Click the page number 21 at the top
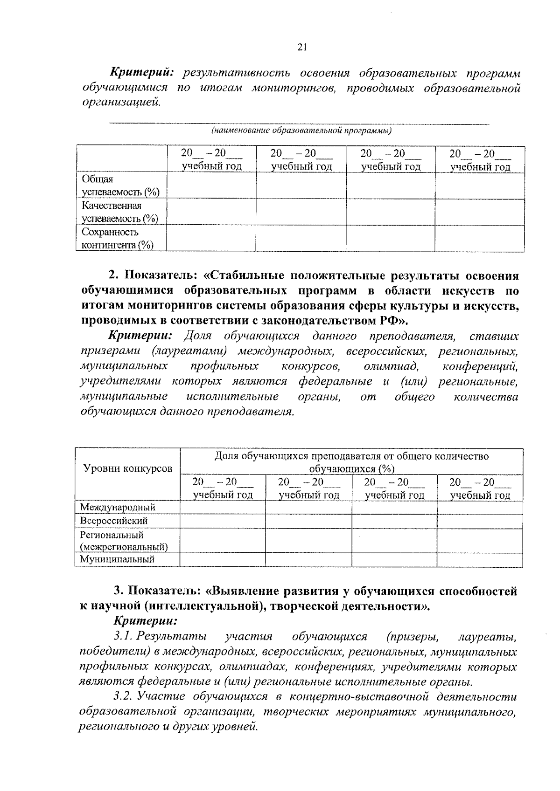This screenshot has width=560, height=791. pos(301,47)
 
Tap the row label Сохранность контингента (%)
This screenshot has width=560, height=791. pos(118,238)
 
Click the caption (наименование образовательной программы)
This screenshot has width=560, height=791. pos(301,131)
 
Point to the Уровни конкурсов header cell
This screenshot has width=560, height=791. pos(127,468)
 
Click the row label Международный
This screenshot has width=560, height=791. pos(118,507)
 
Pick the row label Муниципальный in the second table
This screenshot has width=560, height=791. pos(117,559)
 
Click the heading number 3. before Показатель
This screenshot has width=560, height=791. pos(119,591)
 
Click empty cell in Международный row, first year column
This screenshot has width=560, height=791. pos(223,507)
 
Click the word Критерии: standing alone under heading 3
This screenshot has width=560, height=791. pos(145,621)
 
